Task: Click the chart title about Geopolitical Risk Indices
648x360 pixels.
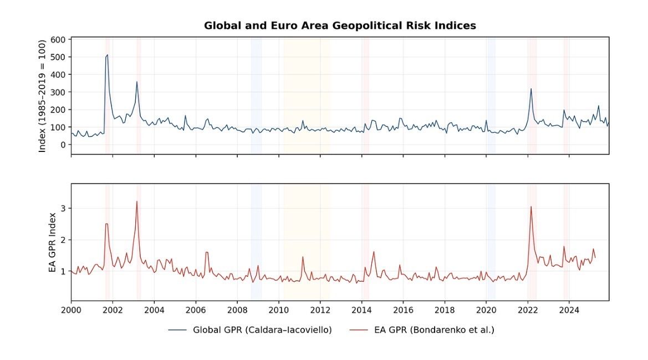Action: tap(340, 26)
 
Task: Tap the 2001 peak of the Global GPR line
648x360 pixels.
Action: tap(107, 55)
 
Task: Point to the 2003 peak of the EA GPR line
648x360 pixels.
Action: tap(136, 201)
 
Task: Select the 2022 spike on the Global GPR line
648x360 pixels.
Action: tap(531, 89)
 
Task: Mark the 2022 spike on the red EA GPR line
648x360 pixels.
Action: tap(531, 207)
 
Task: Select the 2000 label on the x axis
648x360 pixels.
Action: tap(71, 310)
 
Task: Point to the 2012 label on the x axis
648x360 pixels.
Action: tap(320, 310)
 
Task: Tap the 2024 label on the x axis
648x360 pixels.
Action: tap(569, 310)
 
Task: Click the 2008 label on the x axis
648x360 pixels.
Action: tap(237, 310)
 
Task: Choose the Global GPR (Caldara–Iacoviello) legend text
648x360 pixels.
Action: tap(262, 330)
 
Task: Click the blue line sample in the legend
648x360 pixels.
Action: tap(177, 330)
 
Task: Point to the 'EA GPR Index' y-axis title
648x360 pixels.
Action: tap(53, 242)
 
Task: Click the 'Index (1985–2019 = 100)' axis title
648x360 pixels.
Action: tap(42, 95)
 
